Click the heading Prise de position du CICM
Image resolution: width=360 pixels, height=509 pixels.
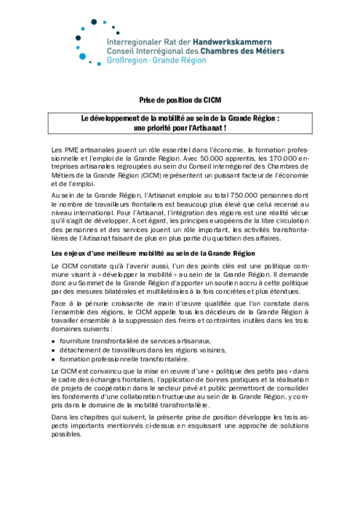tap(180, 100)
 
